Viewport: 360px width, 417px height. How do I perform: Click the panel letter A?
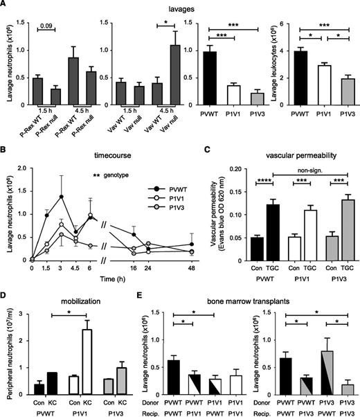point(5,6)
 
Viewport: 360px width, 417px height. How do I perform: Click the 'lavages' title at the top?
point(182,6)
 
